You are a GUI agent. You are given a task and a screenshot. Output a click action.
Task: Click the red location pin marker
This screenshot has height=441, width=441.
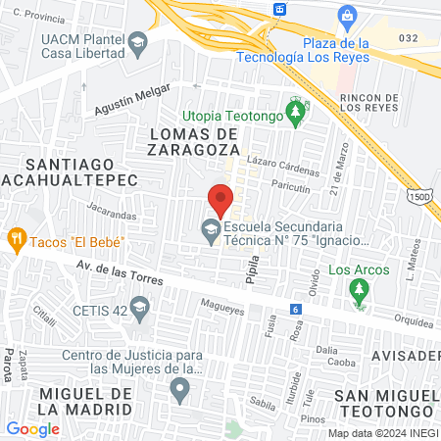point(220,199)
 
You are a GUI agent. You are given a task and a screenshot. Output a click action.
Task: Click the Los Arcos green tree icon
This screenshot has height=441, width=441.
point(360,291)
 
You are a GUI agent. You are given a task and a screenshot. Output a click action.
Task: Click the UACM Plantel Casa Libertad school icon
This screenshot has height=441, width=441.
point(136,42)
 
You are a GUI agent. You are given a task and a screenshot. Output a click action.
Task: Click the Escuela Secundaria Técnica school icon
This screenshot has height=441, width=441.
point(210,232)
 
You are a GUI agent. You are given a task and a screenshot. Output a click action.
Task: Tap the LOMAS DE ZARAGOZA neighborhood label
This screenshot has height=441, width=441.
point(194,141)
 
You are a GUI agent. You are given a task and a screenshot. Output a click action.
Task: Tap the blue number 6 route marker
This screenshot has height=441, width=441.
point(295,309)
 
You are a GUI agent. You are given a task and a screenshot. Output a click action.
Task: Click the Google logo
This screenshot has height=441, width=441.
point(33,428)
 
